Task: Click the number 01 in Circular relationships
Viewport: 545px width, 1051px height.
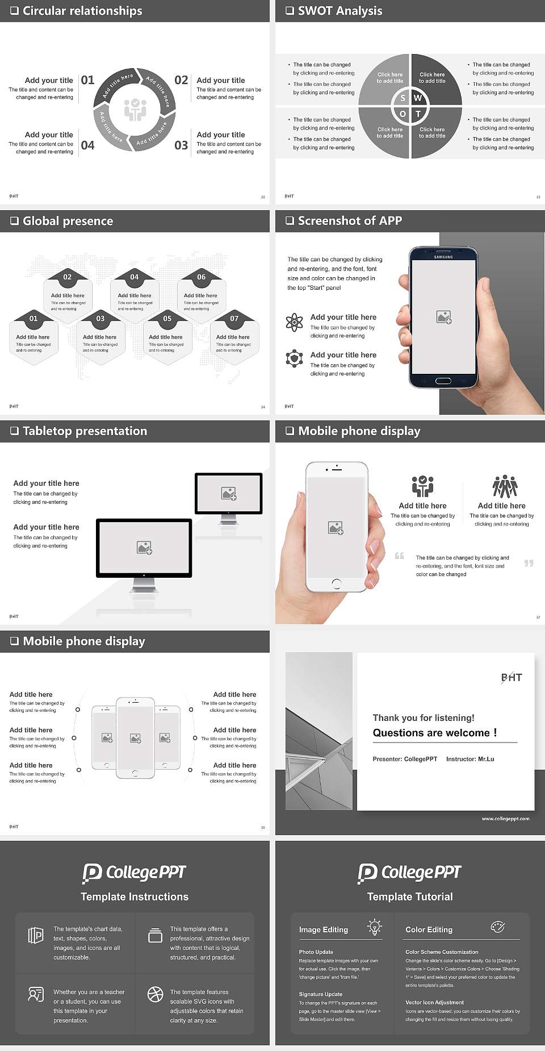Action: (87, 80)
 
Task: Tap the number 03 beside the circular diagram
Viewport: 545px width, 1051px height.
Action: (181, 145)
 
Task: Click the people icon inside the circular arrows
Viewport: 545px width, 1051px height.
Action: (135, 110)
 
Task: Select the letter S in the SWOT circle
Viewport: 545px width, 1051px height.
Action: (403, 98)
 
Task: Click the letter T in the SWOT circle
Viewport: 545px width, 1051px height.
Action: (418, 114)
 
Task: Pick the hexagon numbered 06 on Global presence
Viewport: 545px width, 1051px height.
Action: (201, 277)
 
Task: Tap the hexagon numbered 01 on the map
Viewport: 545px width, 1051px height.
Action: (33, 319)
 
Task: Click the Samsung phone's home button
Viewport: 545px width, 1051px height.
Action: (443, 381)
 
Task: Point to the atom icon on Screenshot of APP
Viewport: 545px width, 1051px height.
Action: (294, 322)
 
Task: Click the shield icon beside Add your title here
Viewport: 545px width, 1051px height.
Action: (294, 358)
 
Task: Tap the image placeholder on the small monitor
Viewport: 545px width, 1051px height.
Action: (229, 494)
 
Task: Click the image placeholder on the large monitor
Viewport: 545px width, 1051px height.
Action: (144, 548)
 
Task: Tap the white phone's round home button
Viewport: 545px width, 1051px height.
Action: (336, 583)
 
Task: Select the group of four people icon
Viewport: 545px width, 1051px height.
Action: (504, 486)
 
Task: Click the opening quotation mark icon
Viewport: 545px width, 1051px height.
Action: (400, 556)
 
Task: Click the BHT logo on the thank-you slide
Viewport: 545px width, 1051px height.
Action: (511, 677)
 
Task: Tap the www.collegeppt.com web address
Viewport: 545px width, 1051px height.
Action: (505, 819)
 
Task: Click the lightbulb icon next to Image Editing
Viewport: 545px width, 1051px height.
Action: (375, 927)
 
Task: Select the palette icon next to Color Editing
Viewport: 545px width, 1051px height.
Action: (497, 927)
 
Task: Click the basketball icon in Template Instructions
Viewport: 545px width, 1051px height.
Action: (155, 994)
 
